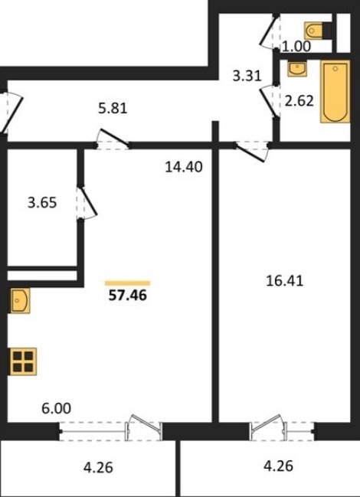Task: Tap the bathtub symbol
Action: [335, 91]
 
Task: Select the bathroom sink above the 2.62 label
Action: [297, 69]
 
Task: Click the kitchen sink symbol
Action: [20, 300]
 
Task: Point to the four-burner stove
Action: [24, 361]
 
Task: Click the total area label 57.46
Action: [128, 296]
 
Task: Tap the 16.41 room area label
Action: [285, 281]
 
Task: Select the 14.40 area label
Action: [184, 167]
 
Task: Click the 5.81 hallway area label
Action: [113, 109]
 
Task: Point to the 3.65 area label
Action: [42, 202]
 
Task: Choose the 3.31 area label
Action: [247, 76]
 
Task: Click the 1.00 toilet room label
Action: [296, 47]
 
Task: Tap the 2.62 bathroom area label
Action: [299, 101]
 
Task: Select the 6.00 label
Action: [56, 408]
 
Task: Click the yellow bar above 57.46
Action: [127, 283]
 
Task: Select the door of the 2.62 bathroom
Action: [270, 101]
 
